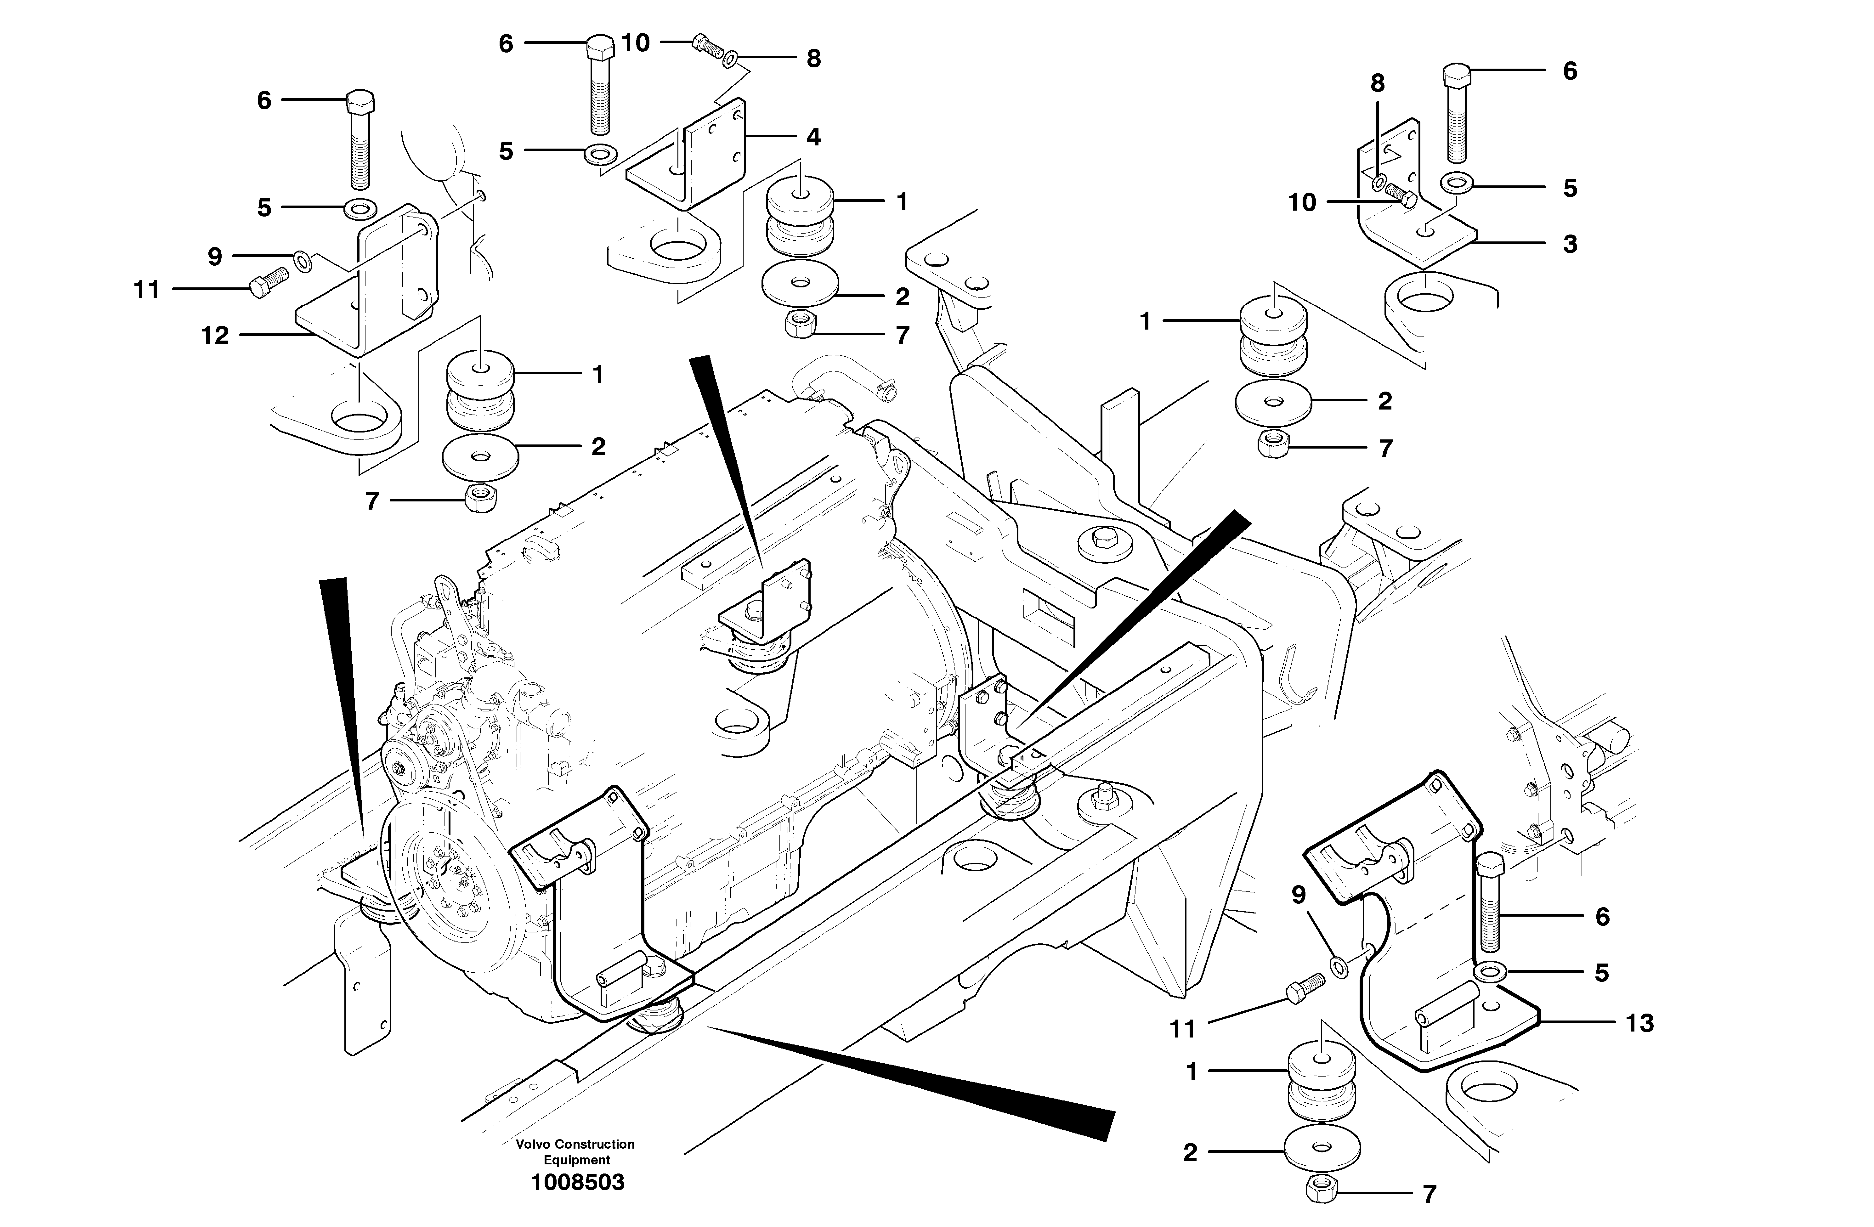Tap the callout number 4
[x=813, y=137]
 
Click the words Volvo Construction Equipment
[x=575, y=1151]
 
